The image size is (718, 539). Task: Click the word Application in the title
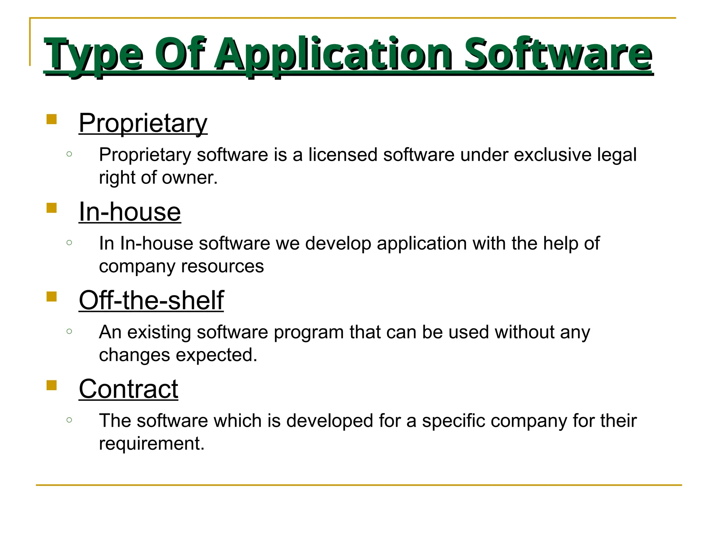point(333,54)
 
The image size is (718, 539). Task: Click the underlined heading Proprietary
point(143,124)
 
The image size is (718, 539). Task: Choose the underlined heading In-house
point(130,212)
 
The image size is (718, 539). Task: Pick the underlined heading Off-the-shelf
point(151,301)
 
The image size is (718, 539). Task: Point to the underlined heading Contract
point(128,390)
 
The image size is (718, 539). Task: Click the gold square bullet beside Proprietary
point(52,119)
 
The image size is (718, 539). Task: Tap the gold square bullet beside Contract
point(52,385)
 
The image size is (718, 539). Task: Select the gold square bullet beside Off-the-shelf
point(52,297)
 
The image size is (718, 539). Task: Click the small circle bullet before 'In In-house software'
point(69,242)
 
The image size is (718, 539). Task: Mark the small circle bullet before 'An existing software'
point(69,331)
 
